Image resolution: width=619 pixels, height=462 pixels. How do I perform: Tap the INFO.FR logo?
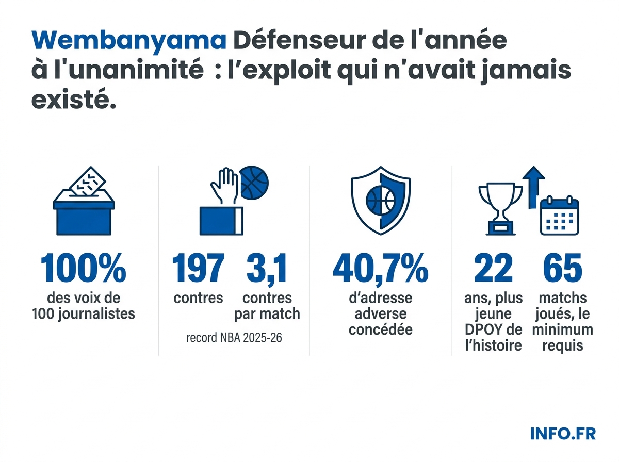click(563, 433)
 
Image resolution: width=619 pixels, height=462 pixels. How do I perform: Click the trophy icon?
click(499, 206)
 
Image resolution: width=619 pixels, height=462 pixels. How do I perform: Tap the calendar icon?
click(559, 217)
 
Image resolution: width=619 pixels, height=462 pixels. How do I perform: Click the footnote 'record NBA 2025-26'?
click(234, 339)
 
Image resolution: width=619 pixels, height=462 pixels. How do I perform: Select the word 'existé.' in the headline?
click(73, 99)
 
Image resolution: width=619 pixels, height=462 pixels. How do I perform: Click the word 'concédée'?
click(380, 329)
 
